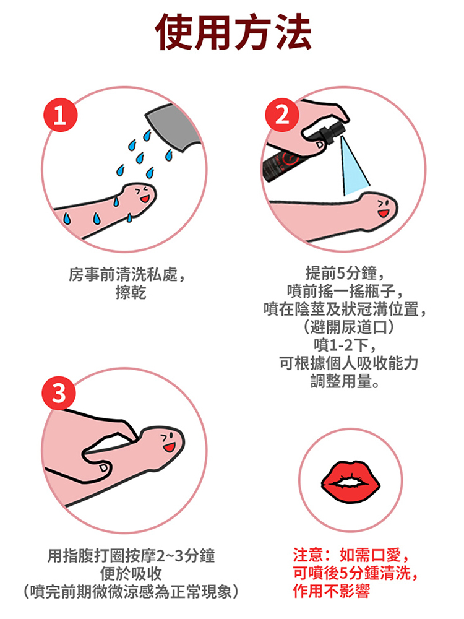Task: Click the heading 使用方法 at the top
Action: tap(233, 32)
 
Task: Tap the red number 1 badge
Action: tap(60, 115)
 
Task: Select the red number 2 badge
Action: tap(281, 115)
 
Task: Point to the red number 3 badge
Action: tap(59, 393)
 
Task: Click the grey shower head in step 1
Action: tap(174, 127)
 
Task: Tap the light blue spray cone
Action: tap(353, 166)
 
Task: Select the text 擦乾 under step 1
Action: tap(131, 293)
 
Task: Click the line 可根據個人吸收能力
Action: tap(348, 363)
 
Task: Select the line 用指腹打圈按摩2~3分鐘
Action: tap(131, 555)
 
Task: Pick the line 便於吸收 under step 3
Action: tap(131, 573)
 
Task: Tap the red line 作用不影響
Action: tap(332, 591)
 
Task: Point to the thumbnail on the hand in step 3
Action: tap(103, 468)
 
